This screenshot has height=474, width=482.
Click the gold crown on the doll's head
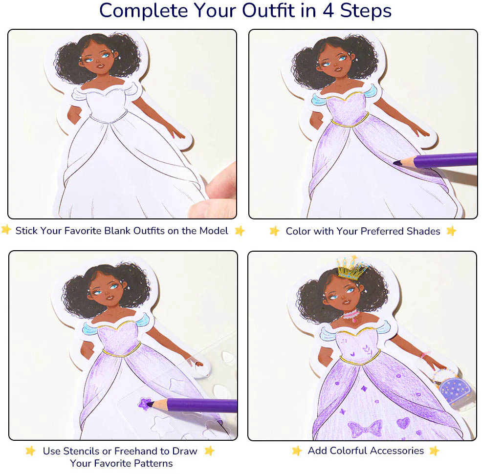[x=352, y=268]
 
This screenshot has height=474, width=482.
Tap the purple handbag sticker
[x=454, y=389]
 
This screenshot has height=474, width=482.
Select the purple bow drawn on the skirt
[x=365, y=429]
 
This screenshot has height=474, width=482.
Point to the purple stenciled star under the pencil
[x=145, y=404]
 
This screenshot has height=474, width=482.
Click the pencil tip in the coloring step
[x=397, y=163]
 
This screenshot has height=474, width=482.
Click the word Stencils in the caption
[x=81, y=451]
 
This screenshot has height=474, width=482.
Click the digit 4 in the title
[x=329, y=10]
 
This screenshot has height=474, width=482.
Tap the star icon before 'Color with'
[x=274, y=231]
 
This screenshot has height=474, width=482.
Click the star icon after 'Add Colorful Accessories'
[x=435, y=451]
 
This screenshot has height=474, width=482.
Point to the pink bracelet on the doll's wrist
[x=425, y=355]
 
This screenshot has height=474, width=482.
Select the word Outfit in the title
[x=268, y=10]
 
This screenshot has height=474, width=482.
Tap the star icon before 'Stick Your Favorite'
[x=6, y=230]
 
